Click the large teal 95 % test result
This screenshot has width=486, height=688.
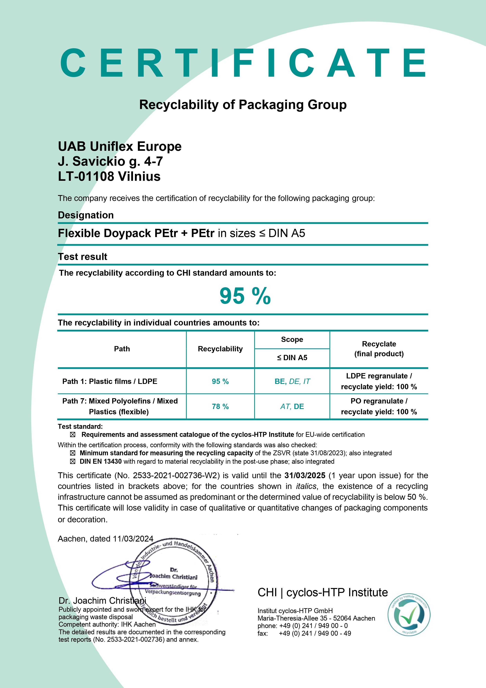coord(245,296)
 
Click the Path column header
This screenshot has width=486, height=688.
coord(122,349)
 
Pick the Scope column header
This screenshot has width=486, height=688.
coord(292,340)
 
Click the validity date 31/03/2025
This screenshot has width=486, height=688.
coord(305,475)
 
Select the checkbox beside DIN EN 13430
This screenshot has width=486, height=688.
coord(72,462)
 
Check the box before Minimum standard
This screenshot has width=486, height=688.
coord(72,453)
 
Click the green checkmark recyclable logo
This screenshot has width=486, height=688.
coord(409,615)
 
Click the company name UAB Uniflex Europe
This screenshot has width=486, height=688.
coord(119,146)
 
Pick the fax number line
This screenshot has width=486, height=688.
coord(304,633)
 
